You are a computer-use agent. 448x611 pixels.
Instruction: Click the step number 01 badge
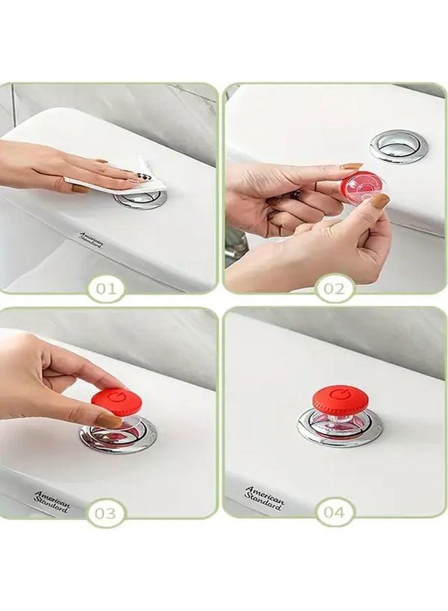tap(105, 289)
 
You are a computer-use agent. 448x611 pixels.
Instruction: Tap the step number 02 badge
tap(333, 289)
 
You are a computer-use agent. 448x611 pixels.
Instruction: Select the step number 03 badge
tap(105, 513)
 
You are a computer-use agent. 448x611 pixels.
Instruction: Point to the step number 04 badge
tap(334, 513)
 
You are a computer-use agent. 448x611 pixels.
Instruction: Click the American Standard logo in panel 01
tap(91, 239)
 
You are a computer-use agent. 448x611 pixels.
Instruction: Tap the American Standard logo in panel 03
tap(52, 501)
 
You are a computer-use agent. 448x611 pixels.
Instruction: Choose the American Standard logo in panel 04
tap(264, 498)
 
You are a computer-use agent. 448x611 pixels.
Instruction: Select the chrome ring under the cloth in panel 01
tap(141, 199)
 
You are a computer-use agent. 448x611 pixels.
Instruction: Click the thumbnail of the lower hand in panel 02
tap(380, 201)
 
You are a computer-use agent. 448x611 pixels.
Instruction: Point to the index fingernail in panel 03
tap(109, 421)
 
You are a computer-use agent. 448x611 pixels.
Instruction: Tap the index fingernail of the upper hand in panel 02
tap(352, 166)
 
